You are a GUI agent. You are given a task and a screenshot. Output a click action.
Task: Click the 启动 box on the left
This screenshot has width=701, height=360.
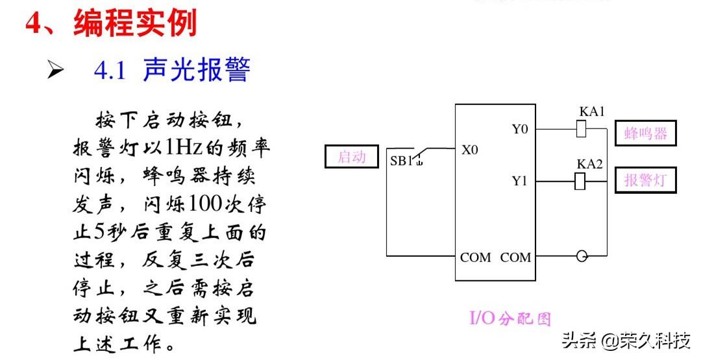tap(351, 157)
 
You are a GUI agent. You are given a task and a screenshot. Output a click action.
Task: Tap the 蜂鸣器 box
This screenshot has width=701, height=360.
tap(645, 134)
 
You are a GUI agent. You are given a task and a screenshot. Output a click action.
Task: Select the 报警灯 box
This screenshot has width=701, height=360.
tap(645, 180)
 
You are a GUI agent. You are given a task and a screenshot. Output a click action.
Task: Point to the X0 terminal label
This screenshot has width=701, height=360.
tap(470, 150)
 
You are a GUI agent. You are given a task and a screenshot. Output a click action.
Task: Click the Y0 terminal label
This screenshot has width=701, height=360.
tap(519, 129)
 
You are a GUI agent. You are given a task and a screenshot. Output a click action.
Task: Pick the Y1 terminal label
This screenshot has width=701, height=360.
tap(519, 181)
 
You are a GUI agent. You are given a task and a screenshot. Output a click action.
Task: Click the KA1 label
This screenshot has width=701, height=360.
tap(591, 112)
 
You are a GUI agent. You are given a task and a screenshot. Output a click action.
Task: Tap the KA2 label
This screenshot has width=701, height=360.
tap(589, 163)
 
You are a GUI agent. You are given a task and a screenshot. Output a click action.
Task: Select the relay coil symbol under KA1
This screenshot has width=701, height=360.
tap(582, 129)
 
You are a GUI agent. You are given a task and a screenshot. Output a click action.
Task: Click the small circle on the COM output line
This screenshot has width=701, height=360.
tap(582, 256)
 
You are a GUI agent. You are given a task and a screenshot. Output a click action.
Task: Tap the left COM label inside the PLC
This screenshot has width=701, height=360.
tap(476, 258)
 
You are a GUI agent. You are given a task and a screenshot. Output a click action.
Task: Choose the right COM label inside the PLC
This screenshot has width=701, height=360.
tap(515, 258)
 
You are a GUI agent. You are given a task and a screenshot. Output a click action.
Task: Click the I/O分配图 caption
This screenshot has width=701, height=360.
tap(510, 318)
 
